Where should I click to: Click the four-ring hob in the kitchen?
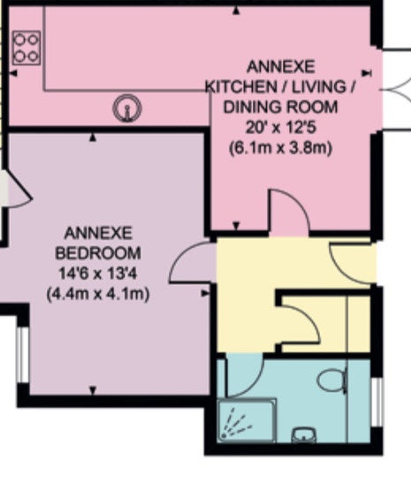pyautogui.click(x=27, y=48)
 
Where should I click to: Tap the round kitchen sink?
pyautogui.click(x=127, y=108)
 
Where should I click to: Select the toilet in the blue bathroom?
pyautogui.click(x=332, y=380)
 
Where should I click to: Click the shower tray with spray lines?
pyautogui.click(x=247, y=420)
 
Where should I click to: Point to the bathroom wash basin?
pyautogui.click(x=304, y=434)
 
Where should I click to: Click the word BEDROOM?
pyautogui.click(x=98, y=253)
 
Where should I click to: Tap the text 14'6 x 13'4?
pyautogui.click(x=98, y=273)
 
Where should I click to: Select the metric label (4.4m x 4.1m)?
pyautogui.click(x=98, y=294)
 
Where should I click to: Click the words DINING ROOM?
pyautogui.click(x=280, y=107)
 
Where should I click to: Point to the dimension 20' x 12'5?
pyautogui.click(x=280, y=127)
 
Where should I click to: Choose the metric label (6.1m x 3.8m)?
pyautogui.click(x=280, y=148)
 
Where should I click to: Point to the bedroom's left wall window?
pyautogui.click(x=22, y=355)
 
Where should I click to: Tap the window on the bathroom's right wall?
pyautogui.click(x=377, y=402)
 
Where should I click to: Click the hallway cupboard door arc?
pyautogui.click(x=308, y=318)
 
